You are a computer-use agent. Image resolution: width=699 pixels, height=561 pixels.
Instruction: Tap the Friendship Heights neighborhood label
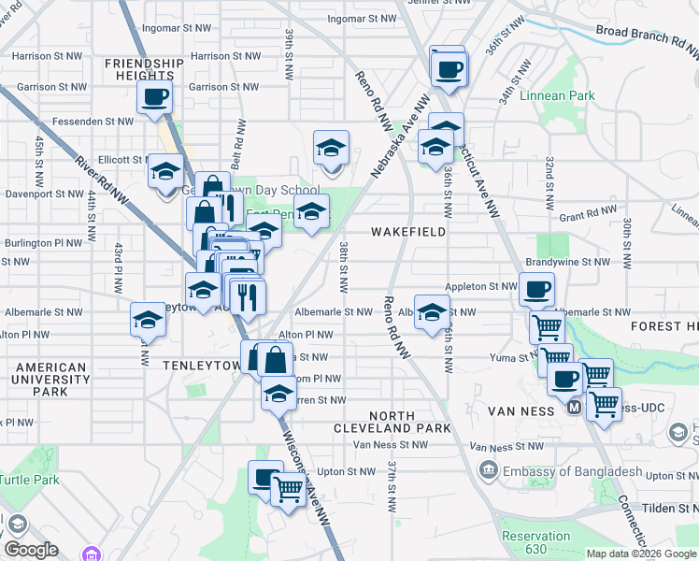point(144,69)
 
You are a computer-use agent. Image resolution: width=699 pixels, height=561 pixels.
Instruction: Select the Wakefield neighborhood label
point(407,230)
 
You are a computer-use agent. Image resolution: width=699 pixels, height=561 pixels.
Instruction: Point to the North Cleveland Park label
point(396,422)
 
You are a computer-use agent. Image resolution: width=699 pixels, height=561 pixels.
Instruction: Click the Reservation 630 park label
point(535,542)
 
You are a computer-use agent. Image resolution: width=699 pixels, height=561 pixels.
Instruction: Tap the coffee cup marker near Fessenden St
point(155,95)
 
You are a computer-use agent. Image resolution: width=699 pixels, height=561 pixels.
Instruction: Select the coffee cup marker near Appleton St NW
point(536,289)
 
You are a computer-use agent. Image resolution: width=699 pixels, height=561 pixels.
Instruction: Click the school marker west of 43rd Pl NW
point(148,320)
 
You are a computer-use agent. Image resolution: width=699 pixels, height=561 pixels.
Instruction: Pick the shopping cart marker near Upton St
point(288,487)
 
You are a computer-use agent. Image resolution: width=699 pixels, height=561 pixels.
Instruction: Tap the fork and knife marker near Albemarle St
point(247,297)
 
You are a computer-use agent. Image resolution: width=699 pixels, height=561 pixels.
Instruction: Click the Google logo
point(31,550)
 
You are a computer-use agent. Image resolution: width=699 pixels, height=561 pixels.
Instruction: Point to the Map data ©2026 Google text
point(640,554)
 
